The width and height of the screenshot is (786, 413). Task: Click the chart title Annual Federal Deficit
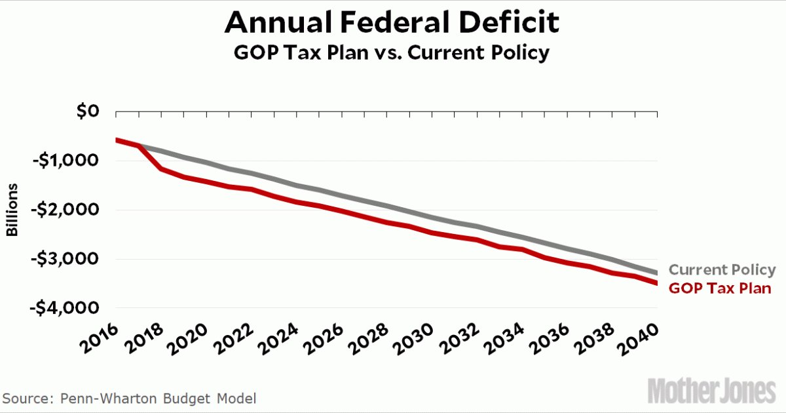coord(392,24)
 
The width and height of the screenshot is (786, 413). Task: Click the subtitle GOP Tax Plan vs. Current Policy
coord(391,53)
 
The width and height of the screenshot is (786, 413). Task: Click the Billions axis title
coord(12,210)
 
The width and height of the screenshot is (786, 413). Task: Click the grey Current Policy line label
coord(722,270)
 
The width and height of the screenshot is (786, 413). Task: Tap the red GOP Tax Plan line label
coord(720,288)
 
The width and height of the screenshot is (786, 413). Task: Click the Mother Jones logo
coord(711,391)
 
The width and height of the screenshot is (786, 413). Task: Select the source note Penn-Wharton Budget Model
coord(130,399)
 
